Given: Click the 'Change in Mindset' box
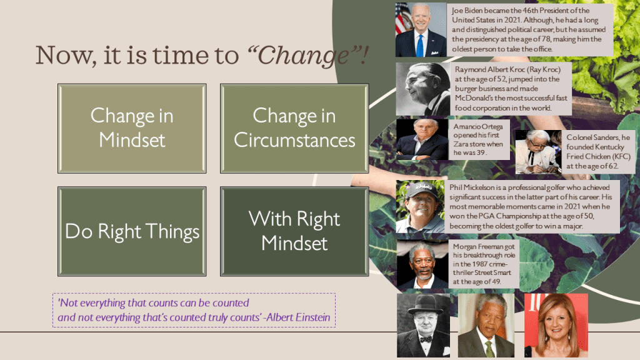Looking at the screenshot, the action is [132, 129].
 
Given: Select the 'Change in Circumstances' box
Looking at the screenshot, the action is [294, 129].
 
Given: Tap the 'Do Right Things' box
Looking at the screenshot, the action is [132, 231].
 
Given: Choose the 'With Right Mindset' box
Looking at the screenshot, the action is [294, 231].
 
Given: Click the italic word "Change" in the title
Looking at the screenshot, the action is [303, 56].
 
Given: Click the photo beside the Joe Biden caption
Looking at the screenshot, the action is [421, 30].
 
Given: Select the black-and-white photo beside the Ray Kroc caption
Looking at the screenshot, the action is [423, 89].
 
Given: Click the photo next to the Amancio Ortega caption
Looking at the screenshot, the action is [422, 139].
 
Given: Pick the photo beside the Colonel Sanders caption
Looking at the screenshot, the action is [538, 152].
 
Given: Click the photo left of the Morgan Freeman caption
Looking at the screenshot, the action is [422, 264].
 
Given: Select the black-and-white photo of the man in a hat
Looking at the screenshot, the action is [423, 326].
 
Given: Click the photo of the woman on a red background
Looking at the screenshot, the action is [556, 325].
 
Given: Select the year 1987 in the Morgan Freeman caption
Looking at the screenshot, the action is [480, 264].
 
